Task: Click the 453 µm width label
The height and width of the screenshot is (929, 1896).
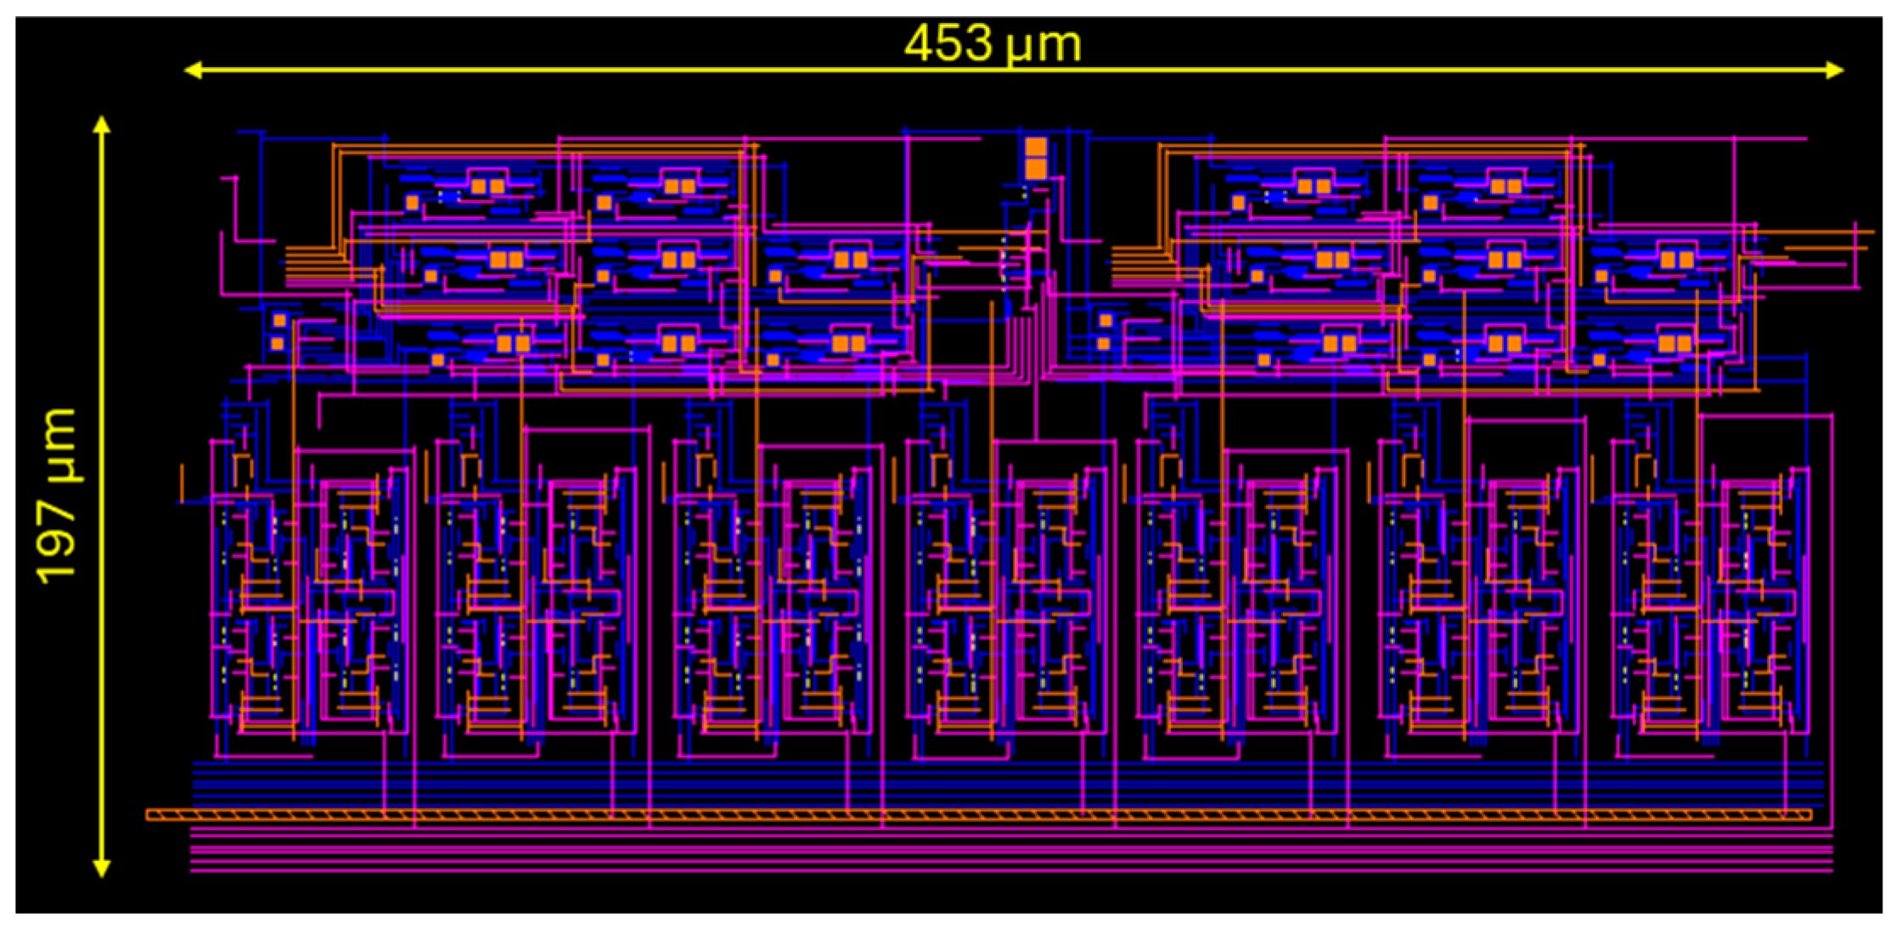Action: (992, 44)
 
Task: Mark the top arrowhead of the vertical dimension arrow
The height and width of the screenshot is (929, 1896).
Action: (102, 126)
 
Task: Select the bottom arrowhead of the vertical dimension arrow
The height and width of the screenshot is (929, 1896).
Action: (102, 867)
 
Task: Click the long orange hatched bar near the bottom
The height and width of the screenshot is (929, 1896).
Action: (976, 815)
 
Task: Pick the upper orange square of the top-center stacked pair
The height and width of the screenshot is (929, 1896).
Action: (1035, 147)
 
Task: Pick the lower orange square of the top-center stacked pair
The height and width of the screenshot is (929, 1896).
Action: (1035, 168)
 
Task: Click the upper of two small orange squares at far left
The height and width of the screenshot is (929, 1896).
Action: (279, 321)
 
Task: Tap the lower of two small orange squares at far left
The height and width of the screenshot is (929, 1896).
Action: (277, 344)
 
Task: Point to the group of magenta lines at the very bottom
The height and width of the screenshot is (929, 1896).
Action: (1010, 853)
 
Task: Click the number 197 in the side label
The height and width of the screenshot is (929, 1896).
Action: (57, 543)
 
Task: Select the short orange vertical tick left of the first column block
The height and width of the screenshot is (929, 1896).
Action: (181, 482)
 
